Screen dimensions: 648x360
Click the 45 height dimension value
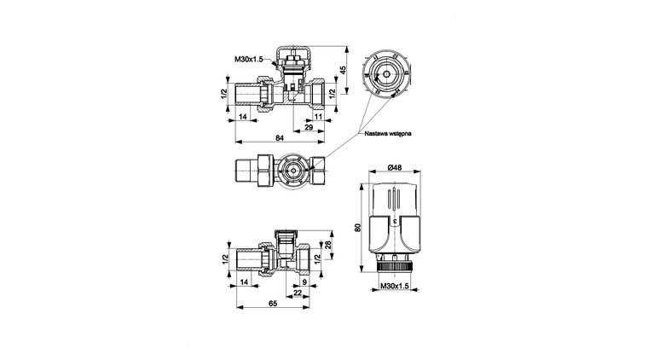coord(342,69)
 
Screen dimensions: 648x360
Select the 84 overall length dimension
coord(280,137)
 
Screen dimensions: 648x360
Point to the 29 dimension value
coord(309,127)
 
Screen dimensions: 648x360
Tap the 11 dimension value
coord(318,117)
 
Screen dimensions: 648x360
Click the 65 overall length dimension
coord(273,304)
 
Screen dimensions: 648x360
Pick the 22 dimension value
coord(298,293)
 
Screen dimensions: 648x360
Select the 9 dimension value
coord(305,282)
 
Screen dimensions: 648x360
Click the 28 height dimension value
coord(328,245)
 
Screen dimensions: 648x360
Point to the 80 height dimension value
coord(358,227)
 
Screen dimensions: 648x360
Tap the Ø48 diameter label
coord(395,167)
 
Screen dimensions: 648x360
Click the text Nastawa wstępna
coord(388,133)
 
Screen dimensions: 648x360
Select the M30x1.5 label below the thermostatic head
coord(394,286)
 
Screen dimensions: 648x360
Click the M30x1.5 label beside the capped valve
coord(249,59)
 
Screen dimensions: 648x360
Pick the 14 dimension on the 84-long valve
coord(243,117)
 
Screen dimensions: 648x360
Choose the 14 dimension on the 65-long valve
coord(244,282)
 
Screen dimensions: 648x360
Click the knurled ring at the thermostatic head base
coord(394,265)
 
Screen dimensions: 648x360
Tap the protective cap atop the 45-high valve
coord(293,54)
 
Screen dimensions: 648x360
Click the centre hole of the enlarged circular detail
coord(385,74)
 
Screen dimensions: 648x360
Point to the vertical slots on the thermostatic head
coord(394,200)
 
